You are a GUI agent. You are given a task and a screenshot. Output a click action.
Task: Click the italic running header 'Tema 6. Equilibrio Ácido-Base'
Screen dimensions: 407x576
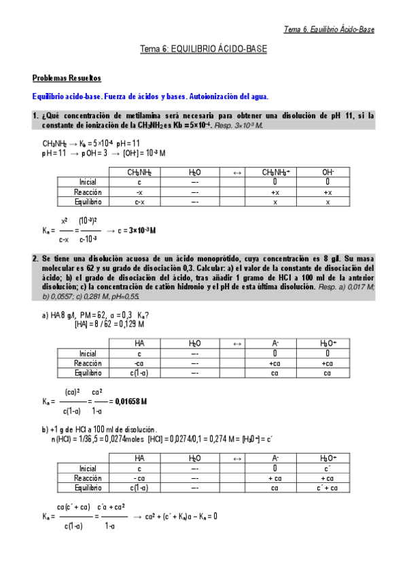coord(328,29)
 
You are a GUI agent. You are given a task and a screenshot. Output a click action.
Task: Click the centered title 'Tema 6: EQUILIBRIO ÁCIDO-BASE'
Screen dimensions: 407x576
coord(203,50)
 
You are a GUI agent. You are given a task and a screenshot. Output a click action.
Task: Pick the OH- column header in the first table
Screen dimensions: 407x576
coord(328,173)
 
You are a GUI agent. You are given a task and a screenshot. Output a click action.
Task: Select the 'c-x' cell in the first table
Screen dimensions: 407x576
coord(139,202)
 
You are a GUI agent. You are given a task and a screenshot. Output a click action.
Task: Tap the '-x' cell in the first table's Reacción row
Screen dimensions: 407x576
coord(139,192)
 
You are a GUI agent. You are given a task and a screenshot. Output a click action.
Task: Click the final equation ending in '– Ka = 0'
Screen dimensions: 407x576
coord(175,516)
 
